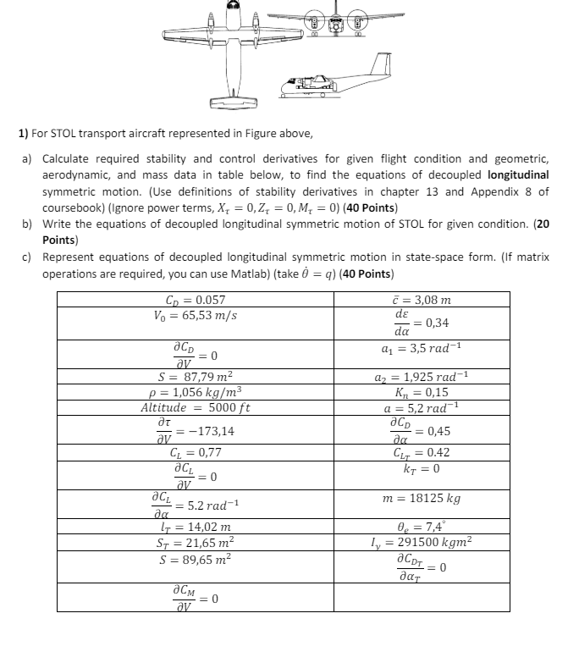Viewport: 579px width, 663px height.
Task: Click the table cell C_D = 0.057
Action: pyautogui.click(x=196, y=300)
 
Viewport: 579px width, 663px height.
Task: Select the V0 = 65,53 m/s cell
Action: pyautogui.click(x=196, y=315)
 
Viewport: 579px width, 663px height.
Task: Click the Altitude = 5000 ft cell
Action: pyautogui.click(x=196, y=407)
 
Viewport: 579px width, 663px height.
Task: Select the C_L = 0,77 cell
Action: pyautogui.click(x=196, y=453)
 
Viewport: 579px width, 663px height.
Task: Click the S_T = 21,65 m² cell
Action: pyautogui.click(x=196, y=541)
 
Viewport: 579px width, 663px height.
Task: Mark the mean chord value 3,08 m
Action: pyautogui.click(x=422, y=300)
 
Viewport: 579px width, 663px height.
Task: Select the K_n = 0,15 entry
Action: pyautogui.click(x=422, y=392)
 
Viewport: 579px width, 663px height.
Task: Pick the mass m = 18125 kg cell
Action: pyautogui.click(x=422, y=499)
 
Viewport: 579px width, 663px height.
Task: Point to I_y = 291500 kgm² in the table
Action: pyautogui.click(x=422, y=541)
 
